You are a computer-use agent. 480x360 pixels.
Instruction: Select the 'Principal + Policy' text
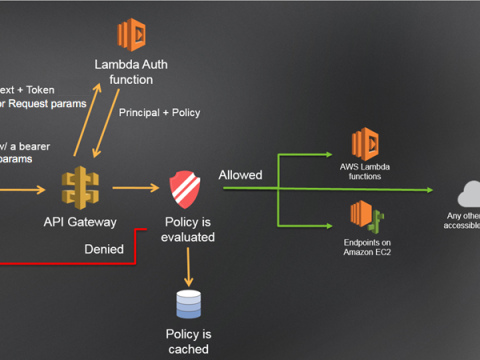point(159,112)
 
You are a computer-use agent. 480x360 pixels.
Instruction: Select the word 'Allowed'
point(240,175)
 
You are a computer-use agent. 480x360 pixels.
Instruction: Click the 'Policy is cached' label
point(188,342)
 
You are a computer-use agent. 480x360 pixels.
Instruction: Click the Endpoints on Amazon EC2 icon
point(365,216)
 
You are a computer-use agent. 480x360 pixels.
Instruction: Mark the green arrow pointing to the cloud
point(400,187)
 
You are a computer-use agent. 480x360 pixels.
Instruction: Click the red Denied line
point(60,263)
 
